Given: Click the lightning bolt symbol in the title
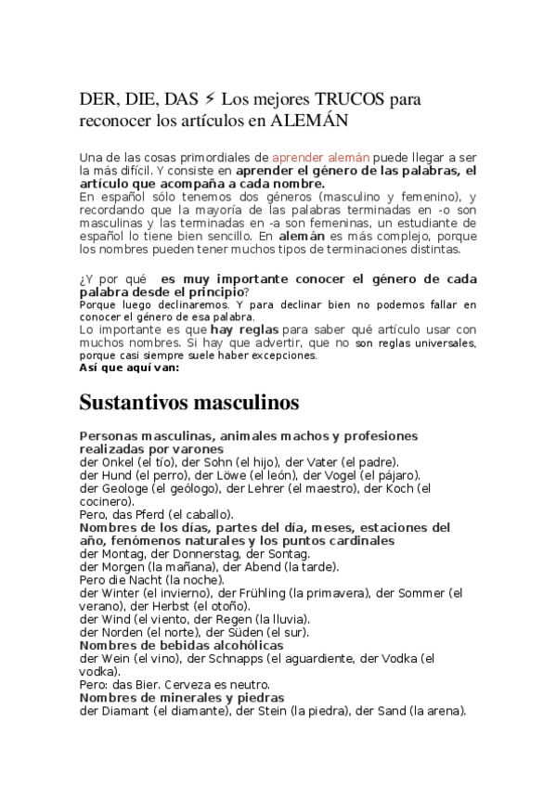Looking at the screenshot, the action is (210, 99).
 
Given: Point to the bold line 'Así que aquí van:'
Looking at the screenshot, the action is (129, 367).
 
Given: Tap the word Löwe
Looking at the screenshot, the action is (205, 475).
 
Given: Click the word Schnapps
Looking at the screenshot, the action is (224, 658).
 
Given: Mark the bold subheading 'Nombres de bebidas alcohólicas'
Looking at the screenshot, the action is (181, 645).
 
